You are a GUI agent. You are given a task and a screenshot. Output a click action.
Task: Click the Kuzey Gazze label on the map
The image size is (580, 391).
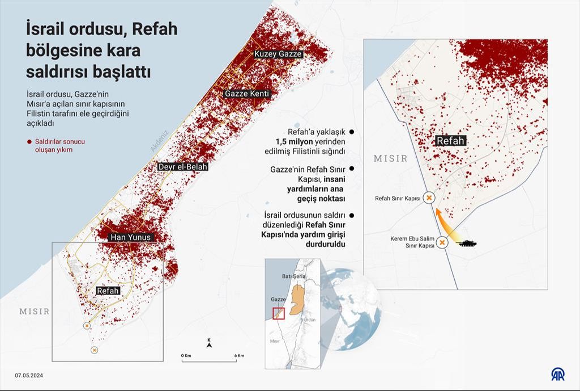pyautogui.click(x=278, y=54)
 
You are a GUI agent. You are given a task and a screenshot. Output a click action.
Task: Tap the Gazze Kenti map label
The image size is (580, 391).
pyautogui.click(x=247, y=93)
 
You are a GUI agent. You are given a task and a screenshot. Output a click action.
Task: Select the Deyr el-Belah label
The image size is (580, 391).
pyautogui.click(x=183, y=167)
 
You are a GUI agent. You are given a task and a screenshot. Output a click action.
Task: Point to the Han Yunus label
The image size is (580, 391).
pyautogui.click(x=131, y=237)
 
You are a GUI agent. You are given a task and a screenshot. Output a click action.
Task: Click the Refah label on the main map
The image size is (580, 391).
pyautogui.click(x=108, y=291)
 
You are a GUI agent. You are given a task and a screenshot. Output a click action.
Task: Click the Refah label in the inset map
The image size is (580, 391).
pyautogui.click(x=450, y=141)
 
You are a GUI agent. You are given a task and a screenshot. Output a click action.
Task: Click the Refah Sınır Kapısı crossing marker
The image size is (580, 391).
pyautogui.click(x=429, y=198)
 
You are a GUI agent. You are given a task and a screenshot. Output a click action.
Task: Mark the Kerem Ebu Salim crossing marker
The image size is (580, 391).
pyautogui.click(x=442, y=243)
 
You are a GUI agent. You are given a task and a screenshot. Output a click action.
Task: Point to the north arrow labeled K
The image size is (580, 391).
pyautogui.click(x=209, y=342)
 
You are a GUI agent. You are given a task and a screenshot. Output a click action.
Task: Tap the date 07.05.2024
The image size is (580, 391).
pyautogui.click(x=29, y=375)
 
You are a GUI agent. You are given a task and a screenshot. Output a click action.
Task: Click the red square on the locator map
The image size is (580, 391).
pyautogui.click(x=278, y=313)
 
